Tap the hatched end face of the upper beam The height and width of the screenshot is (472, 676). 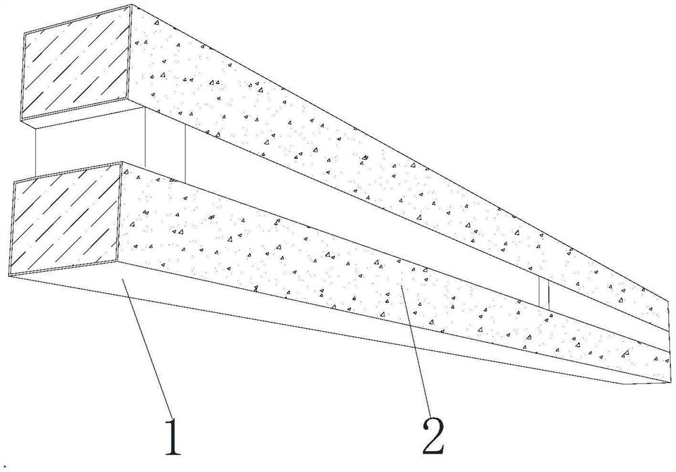click(x=76, y=70)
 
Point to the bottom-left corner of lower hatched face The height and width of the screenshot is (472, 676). click(x=11, y=273)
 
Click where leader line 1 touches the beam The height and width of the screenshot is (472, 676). click(x=122, y=279)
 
